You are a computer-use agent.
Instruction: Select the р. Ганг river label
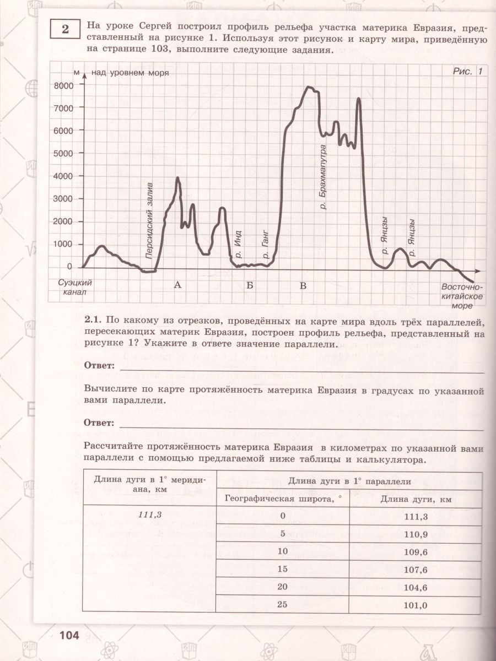click(x=265, y=245)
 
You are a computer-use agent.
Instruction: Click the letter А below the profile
click(x=177, y=285)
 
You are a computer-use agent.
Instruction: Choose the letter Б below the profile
click(x=250, y=285)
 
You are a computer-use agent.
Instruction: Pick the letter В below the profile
click(x=303, y=285)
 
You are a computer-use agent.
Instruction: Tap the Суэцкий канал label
click(x=75, y=286)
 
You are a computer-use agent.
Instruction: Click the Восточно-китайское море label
click(x=462, y=296)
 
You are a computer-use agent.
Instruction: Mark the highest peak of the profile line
click(x=309, y=87)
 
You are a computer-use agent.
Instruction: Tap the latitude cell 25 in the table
click(x=283, y=604)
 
